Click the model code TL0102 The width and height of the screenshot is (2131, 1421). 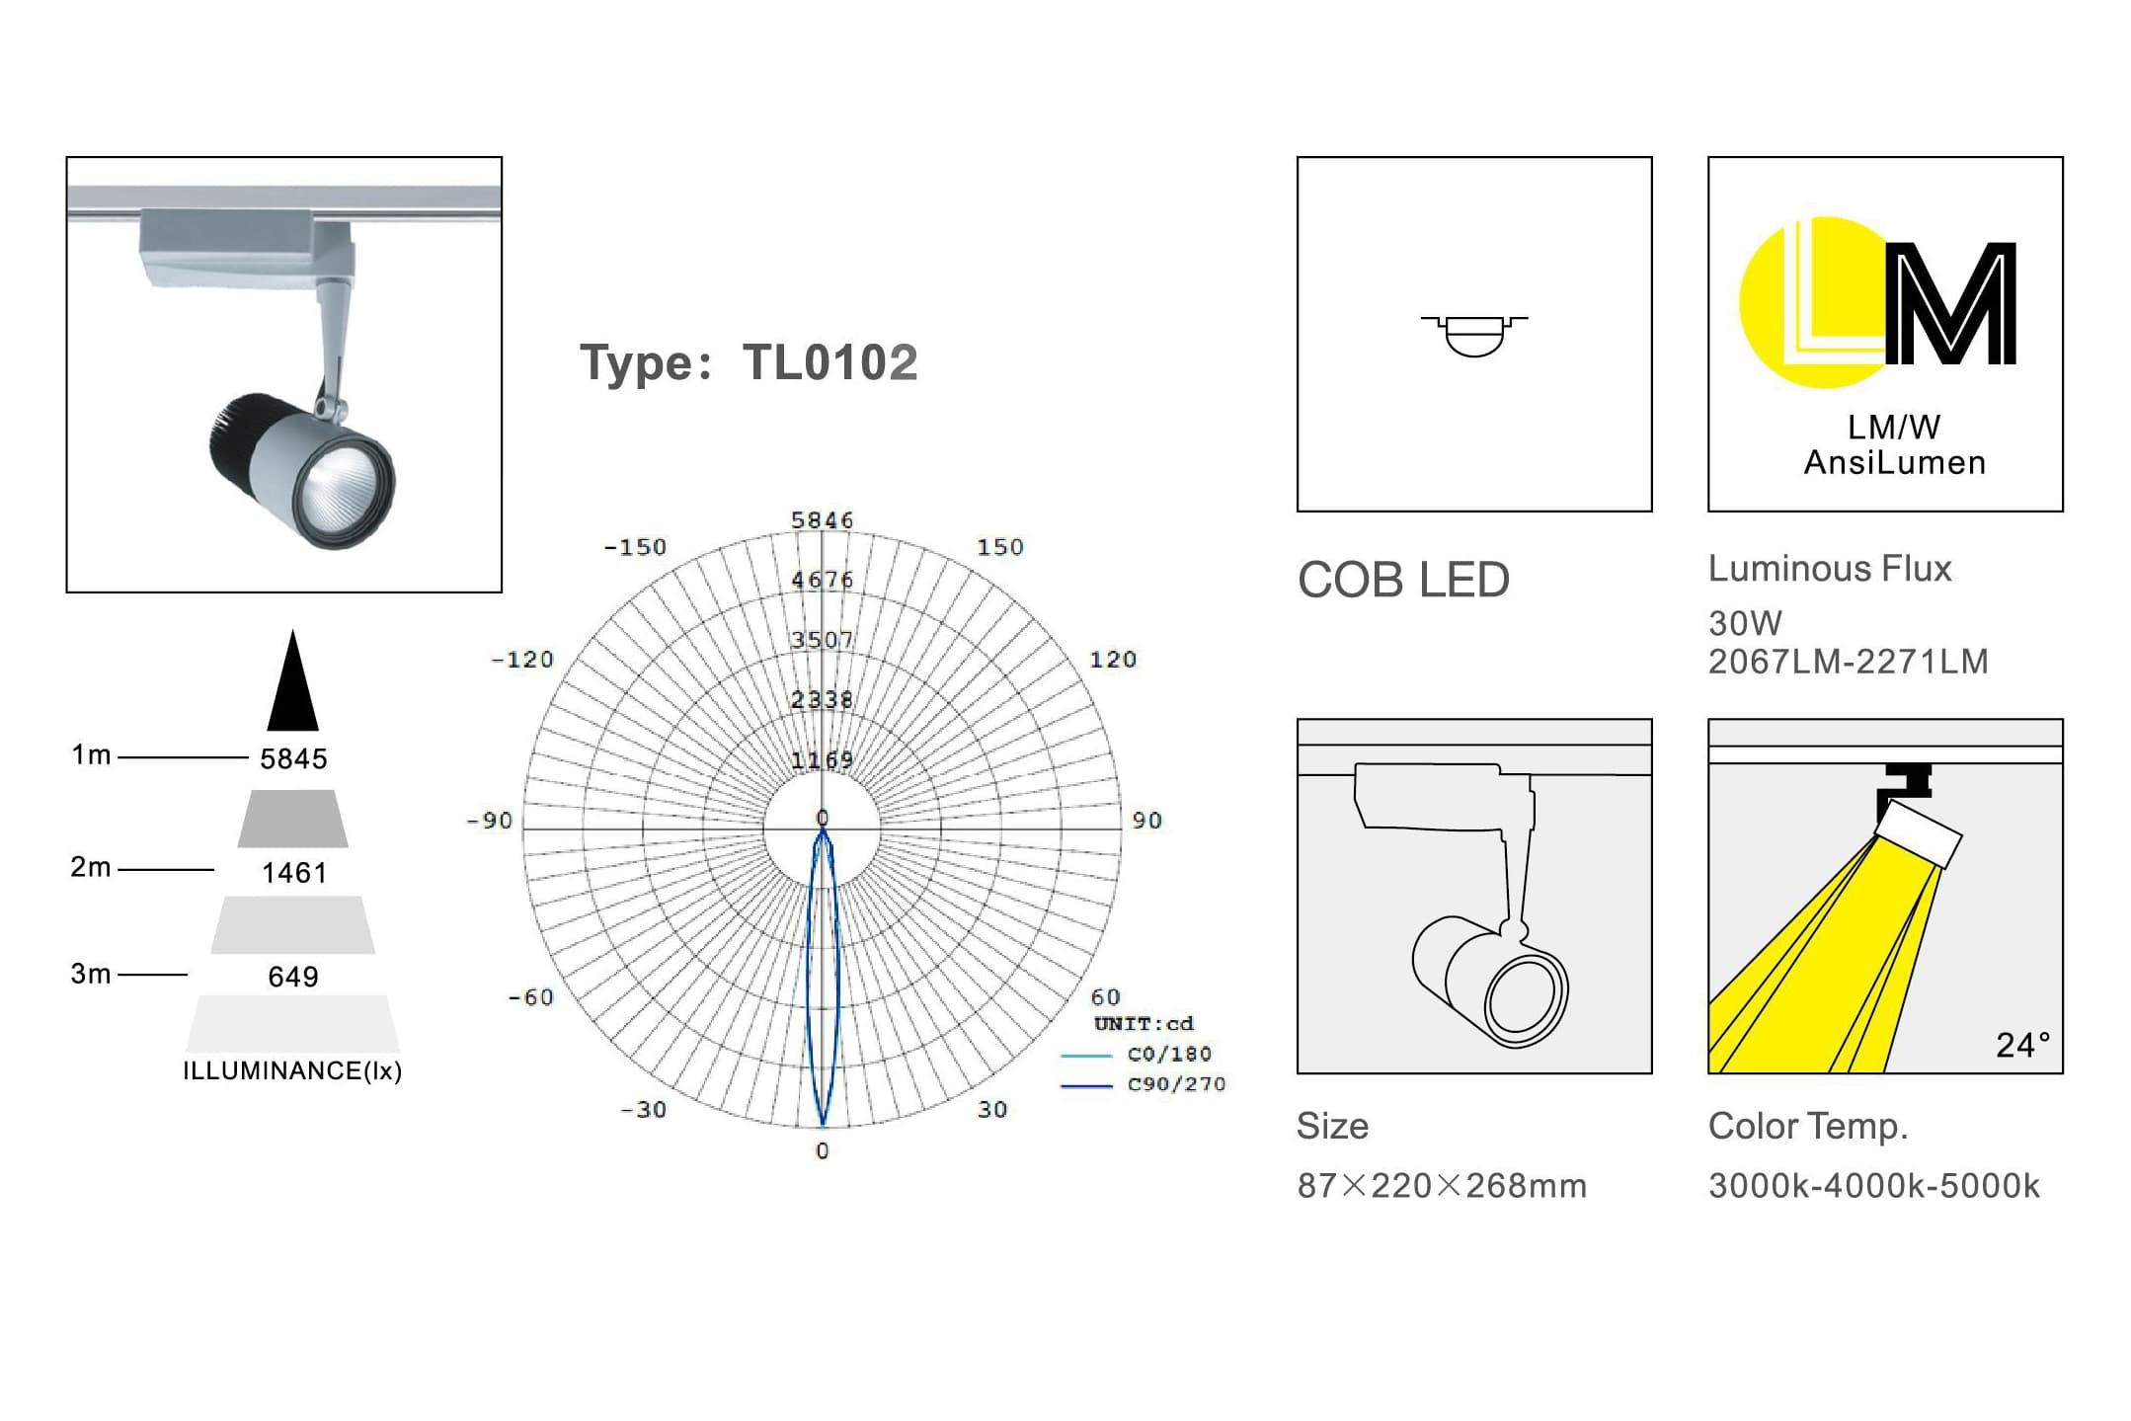829,362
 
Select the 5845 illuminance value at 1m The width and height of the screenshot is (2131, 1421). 293,758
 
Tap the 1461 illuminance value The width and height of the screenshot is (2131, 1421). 294,873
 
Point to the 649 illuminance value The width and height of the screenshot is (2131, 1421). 293,977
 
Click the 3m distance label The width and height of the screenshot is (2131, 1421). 91,974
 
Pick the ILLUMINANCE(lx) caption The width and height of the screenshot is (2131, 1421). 292,1070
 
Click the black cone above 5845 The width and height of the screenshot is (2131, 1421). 292,681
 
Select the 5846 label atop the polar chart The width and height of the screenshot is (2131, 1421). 822,520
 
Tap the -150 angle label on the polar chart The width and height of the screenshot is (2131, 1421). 635,547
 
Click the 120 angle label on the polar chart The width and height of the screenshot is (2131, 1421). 1113,660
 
